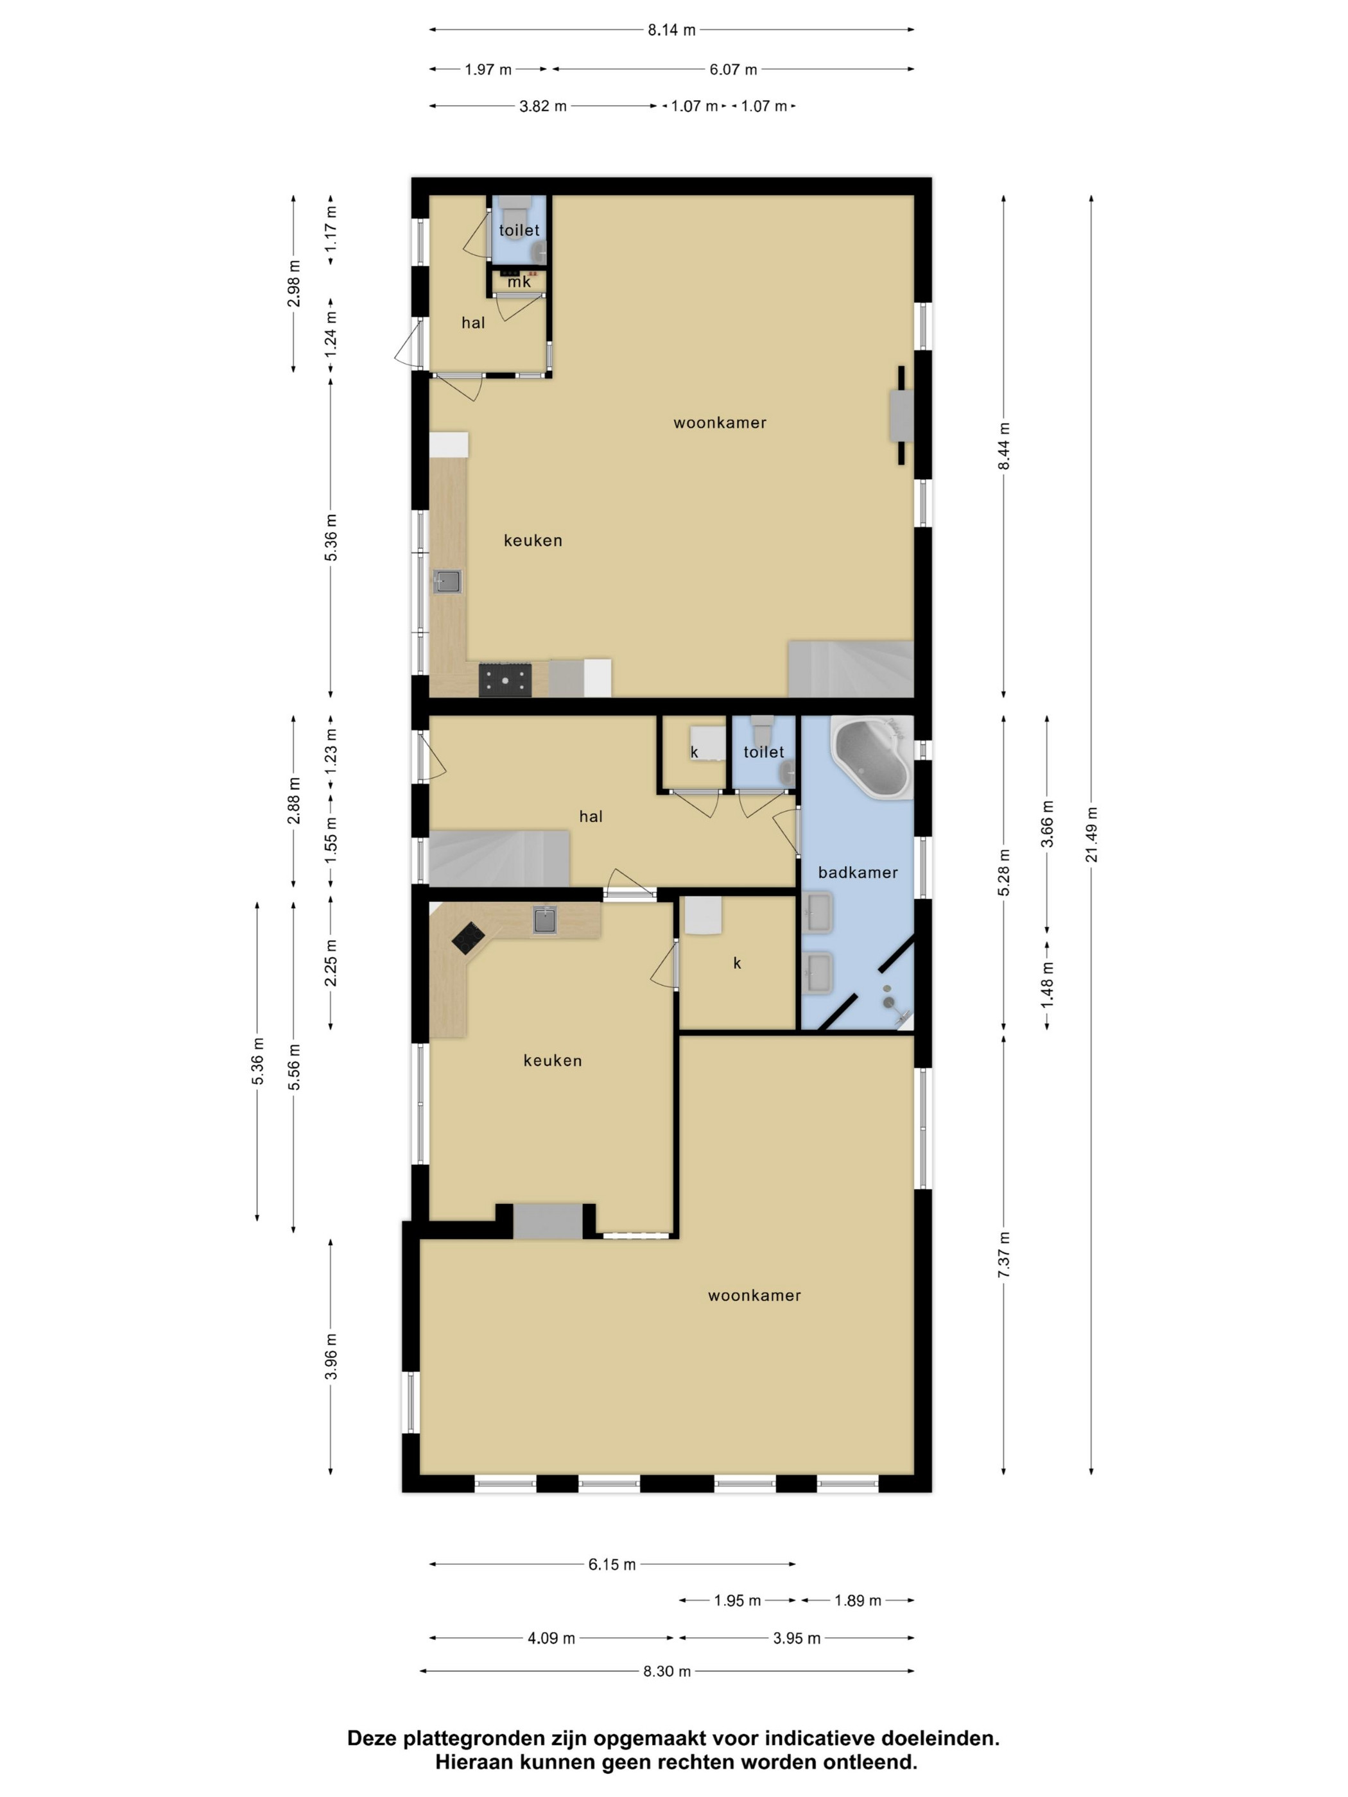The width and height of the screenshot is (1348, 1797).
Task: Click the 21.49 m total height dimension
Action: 1091,834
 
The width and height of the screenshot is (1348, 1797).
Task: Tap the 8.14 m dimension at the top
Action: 671,30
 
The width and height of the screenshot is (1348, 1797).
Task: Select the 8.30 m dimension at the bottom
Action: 667,1671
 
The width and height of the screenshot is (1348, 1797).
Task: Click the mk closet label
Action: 519,282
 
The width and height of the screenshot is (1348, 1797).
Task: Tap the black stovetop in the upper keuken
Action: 505,680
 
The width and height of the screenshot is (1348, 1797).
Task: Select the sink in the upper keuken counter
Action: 447,581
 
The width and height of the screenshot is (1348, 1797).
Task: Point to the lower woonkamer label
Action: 754,1296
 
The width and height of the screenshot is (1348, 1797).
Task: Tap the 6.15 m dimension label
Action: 612,1565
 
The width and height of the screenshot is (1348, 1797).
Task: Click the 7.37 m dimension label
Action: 1005,1255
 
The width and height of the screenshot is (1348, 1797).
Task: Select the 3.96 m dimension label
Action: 331,1357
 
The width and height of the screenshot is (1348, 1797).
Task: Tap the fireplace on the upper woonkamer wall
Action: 902,415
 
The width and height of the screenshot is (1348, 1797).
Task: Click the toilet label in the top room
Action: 519,230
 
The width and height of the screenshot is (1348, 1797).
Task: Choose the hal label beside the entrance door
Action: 473,323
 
